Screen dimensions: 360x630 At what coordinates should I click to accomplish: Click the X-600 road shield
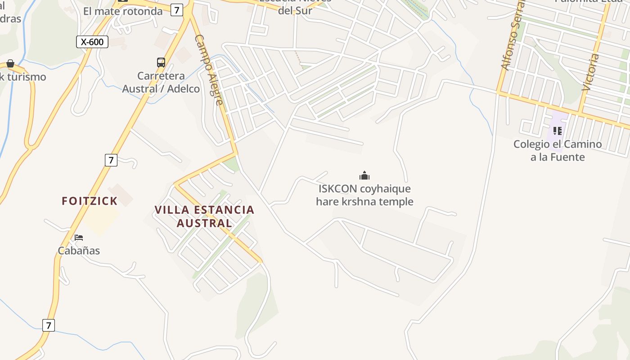(92, 42)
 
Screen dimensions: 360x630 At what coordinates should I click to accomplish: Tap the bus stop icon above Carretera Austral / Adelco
(161, 63)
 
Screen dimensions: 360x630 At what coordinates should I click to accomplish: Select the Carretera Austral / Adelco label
(161, 82)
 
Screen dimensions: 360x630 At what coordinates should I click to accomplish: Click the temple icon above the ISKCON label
(364, 175)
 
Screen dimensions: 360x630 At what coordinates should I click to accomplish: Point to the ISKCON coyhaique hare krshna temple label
(364, 195)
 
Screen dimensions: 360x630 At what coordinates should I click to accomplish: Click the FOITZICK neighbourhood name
(90, 201)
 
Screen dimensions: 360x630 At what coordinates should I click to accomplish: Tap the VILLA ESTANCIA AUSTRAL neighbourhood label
(204, 216)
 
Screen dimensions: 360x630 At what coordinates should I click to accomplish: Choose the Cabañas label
(79, 251)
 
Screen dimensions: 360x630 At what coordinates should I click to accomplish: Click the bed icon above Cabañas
(79, 237)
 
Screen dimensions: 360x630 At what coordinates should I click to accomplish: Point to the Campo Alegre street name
(209, 70)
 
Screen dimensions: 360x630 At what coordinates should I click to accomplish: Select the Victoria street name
(591, 72)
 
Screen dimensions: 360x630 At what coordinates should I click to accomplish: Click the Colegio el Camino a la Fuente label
(558, 150)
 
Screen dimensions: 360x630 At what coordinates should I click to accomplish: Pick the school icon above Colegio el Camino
(558, 131)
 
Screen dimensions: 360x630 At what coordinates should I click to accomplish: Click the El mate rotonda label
(123, 11)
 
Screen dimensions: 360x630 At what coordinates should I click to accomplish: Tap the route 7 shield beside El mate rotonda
(177, 10)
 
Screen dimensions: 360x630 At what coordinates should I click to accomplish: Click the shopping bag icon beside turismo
(10, 63)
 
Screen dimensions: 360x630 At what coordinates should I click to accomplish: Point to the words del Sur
(295, 10)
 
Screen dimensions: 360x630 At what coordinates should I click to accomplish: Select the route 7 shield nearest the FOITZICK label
(111, 160)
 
